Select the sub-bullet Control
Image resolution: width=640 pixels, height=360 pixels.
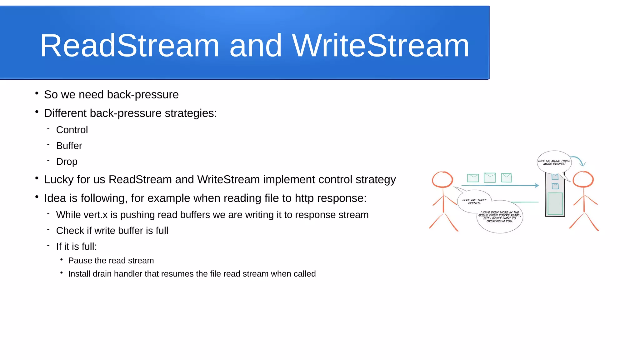pyautogui.click(x=72, y=130)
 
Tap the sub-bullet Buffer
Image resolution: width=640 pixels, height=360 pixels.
pyautogui.click(x=69, y=146)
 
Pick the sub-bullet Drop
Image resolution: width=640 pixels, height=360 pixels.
pyautogui.click(x=67, y=162)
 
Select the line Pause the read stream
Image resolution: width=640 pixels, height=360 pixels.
pyautogui.click(x=111, y=261)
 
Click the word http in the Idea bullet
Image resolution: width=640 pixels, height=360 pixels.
pyautogui.click(x=304, y=198)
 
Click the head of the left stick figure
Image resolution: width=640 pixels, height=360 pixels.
pyautogui.click(x=442, y=180)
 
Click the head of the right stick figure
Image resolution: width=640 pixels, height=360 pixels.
pyautogui.click(x=583, y=179)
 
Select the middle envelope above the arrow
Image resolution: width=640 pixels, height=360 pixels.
pyautogui.click(x=489, y=177)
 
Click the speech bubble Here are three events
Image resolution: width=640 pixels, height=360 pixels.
pyautogui.click(x=474, y=202)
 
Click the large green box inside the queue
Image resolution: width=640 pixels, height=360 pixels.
pyautogui.click(x=555, y=203)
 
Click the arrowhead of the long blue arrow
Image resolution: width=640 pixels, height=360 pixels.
pyautogui.click(x=537, y=185)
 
